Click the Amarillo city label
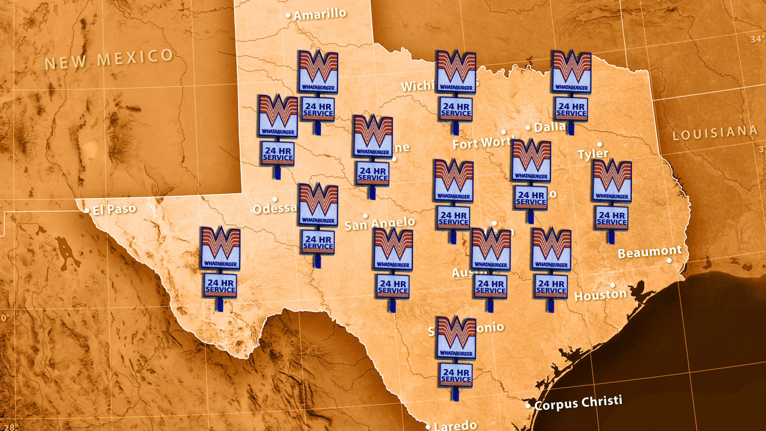(x=320, y=14)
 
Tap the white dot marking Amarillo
(x=288, y=16)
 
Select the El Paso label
(x=115, y=209)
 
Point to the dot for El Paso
(x=87, y=210)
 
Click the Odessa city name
(x=275, y=208)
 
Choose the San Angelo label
(x=379, y=223)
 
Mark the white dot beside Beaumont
(x=669, y=261)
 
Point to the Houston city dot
(x=612, y=285)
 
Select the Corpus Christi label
(x=578, y=403)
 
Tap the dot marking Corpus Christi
(x=528, y=406)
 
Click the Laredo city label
(x=455, y=425)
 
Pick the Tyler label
(x=593, y=154)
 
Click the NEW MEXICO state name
(x=109, y=59)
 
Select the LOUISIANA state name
(x=715, y=133)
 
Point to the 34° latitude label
(x=757, y=39)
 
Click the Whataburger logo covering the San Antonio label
(x=456, y=337)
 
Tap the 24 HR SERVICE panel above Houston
(x=551, y=287)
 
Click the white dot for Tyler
(x=599, y=144)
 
